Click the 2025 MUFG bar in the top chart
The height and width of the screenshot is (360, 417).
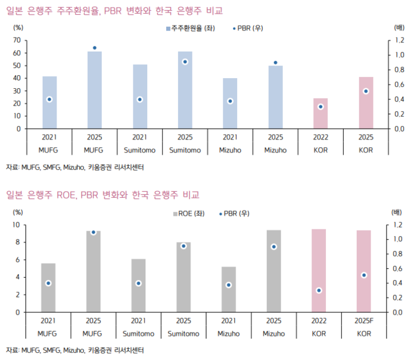(x=95, y=89)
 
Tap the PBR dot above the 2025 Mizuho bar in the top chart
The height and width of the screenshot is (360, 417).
(x=275, y=63)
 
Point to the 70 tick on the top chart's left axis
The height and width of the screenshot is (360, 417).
(x=17, y=40)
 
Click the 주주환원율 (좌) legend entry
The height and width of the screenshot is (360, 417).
(x=189, y=28)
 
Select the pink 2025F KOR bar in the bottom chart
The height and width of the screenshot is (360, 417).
(x=363, y=271)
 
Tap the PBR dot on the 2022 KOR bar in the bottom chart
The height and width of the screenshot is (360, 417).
(x=319, y=290)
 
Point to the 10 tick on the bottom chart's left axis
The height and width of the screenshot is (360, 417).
(x=17, y=225)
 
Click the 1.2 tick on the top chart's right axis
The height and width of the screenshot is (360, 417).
(x=399, y=40)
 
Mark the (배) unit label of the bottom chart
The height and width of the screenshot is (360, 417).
(x=398, y=212)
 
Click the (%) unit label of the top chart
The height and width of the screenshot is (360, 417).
(x=18, y=27)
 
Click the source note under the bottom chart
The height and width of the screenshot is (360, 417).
(x=75, y=349)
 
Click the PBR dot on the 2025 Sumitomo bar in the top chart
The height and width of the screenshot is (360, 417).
(x=185, y=61)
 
